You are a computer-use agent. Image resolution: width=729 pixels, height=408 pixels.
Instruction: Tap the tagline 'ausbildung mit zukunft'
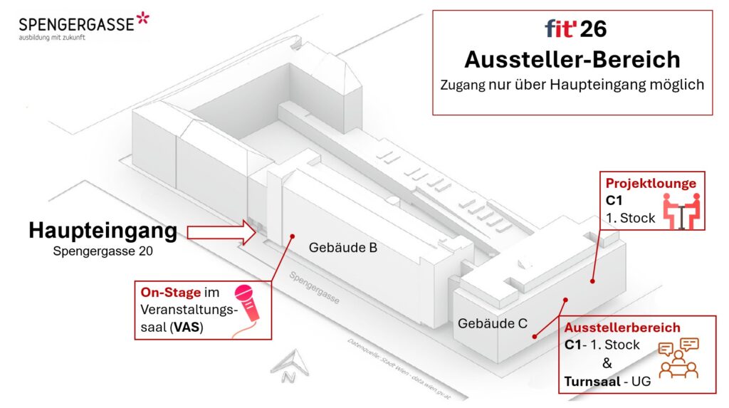[52, 38]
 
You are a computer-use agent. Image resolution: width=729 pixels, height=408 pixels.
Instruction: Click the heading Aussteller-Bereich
[572, 58]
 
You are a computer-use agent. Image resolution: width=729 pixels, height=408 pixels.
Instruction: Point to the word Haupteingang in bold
[103, 231]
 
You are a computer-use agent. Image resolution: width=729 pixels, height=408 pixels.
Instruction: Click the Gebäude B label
[343, 249]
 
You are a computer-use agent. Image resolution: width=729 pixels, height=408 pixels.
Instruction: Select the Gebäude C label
[493, 323]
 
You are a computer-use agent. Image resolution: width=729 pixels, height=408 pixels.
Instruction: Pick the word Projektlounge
[651, 183]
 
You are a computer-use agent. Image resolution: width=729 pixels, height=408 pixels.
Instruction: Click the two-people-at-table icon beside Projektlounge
[681, 211]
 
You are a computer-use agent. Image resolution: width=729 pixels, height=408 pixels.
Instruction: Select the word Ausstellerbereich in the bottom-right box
[622, 328]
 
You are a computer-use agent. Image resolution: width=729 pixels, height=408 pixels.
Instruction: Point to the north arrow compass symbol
[290, 365]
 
